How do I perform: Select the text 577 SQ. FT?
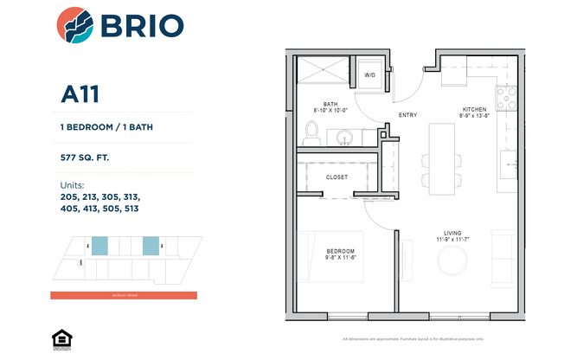coord(85,158)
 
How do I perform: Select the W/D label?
coord(369,75)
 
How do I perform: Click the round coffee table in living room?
coord(454,259)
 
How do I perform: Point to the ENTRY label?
coord(407,114)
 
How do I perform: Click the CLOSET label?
coord(336,177)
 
